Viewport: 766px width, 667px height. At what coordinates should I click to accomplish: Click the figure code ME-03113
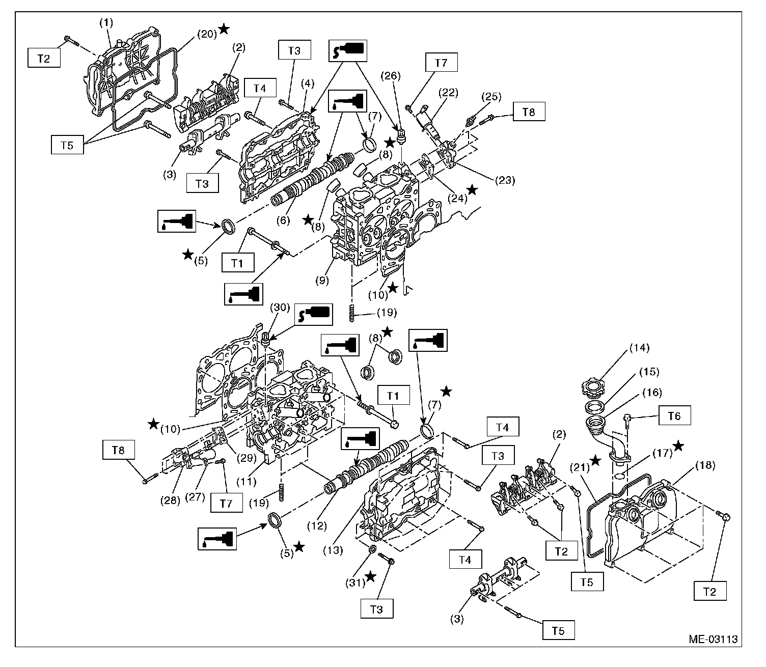[x=713, y=639]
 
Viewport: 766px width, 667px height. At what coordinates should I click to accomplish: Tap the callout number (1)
[x=107, y=22]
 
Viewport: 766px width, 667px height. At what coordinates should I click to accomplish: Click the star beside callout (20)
[x=224, y=30]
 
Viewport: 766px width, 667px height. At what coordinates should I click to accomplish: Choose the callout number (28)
[x=171, y=500]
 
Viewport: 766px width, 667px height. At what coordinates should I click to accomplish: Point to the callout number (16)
[x=652, y=392]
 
